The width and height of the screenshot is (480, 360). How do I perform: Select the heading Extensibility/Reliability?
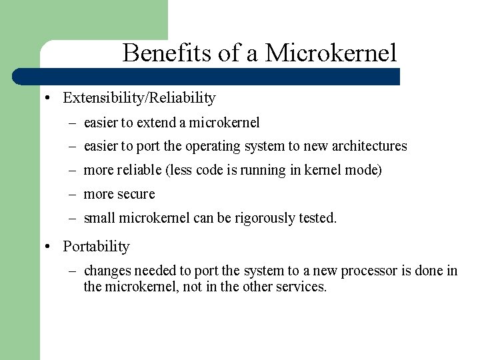(x=139, y=98)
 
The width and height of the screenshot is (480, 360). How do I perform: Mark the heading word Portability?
(x=96, y=246)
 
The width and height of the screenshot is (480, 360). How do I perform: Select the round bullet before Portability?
(x=49, y=247)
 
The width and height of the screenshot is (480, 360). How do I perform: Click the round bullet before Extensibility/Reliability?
(x=49, y=99)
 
